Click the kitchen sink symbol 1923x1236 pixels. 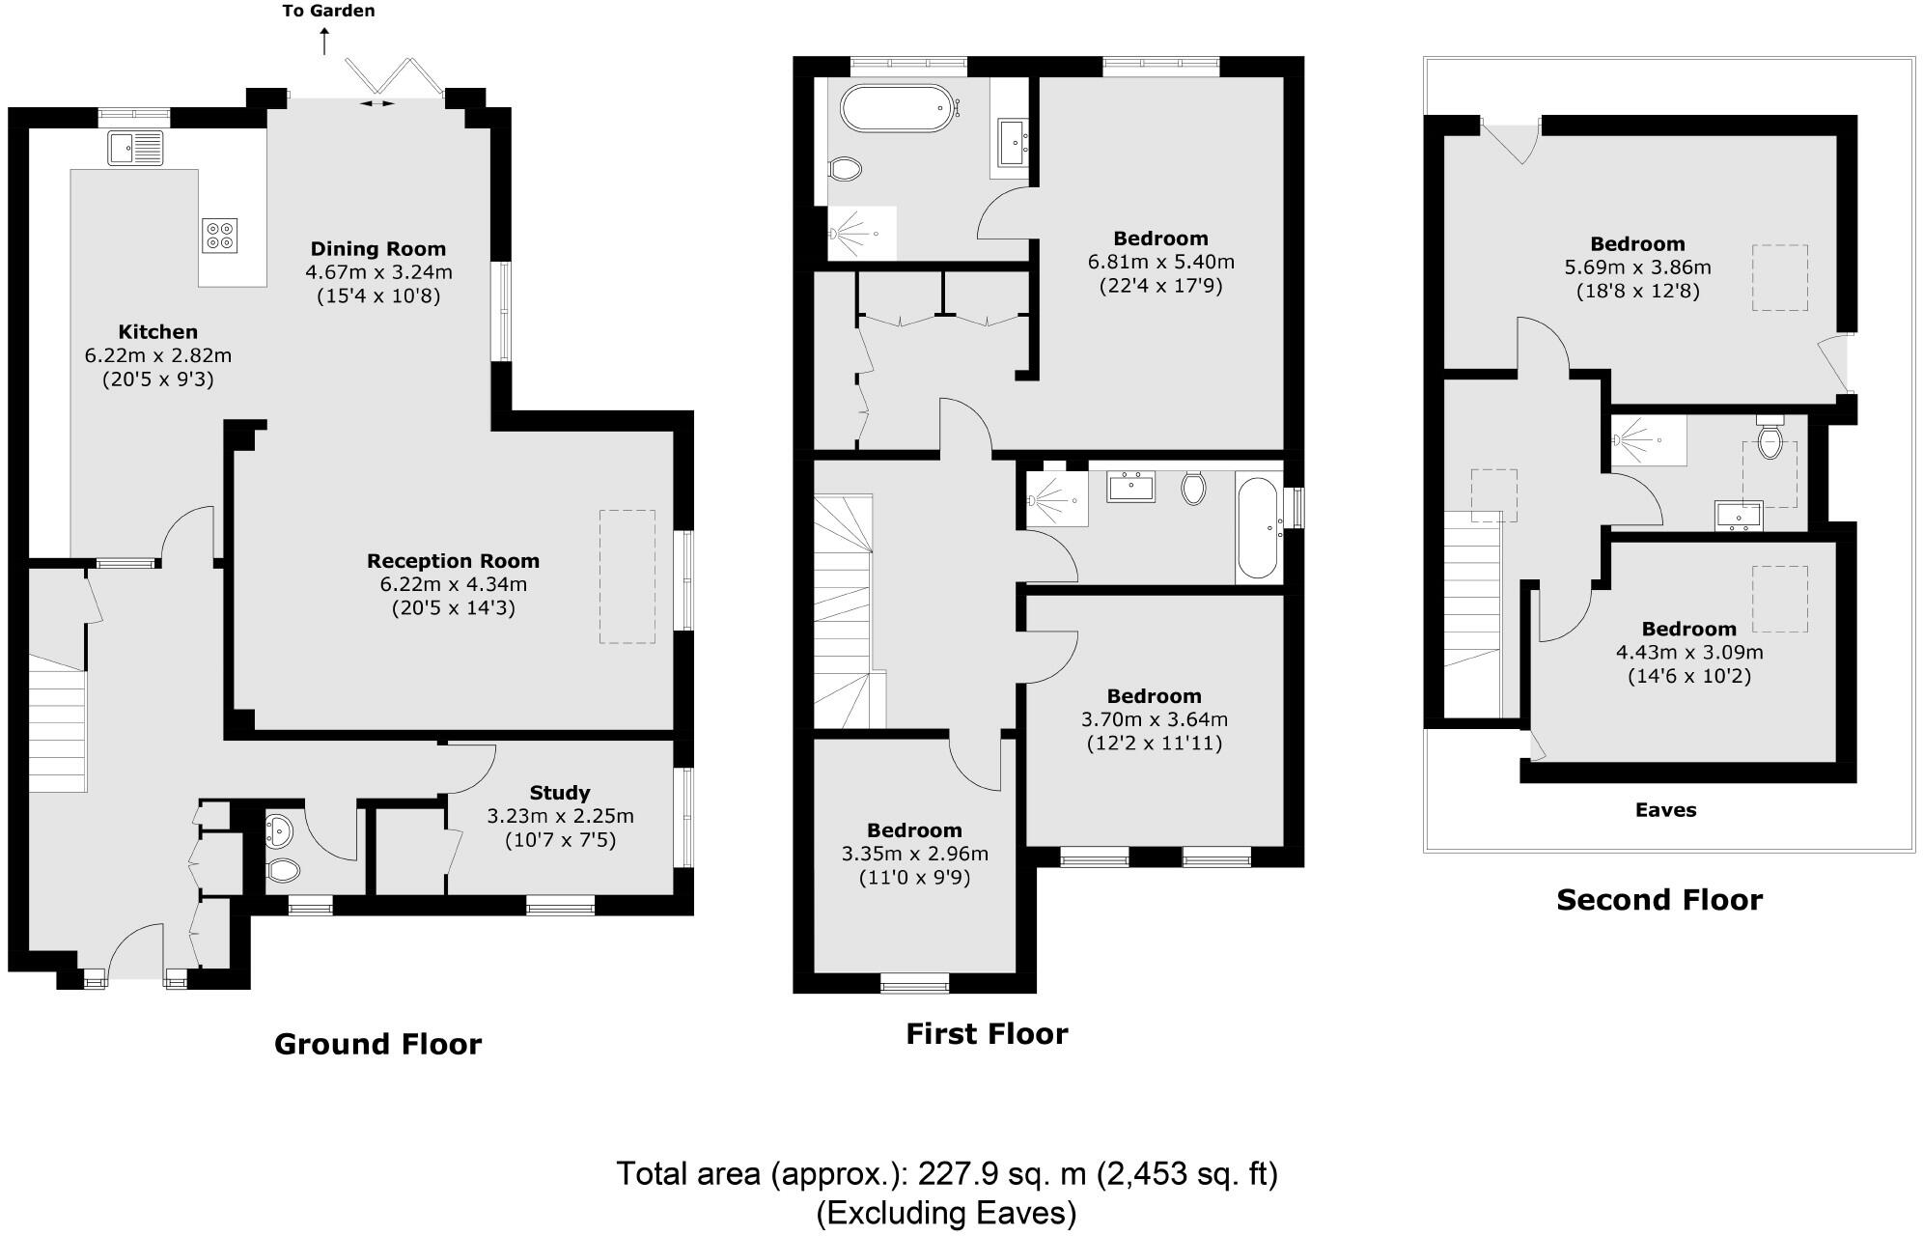[x=136, y=147]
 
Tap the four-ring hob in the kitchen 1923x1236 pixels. [x=220, y=236]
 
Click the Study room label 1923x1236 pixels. [x=560, y=793]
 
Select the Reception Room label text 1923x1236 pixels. [x=453, y=561]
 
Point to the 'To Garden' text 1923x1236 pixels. [x=329, y=12]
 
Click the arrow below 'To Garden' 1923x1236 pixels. [x=324, y=42]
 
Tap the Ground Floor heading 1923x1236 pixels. [x=377, y=1044]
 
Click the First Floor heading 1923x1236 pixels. [x=987, y=1034]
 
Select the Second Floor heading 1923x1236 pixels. [x=1659, y=900]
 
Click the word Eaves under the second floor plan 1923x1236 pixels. [x=1665, y=810]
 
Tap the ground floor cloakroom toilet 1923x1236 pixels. [x=284, y=871]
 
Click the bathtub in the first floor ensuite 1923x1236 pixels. [x=898, y=109]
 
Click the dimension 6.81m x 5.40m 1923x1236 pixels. [x=1160, y=262]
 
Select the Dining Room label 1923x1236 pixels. [x=378, y=249]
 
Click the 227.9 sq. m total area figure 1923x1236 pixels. [x=1001, y=1175]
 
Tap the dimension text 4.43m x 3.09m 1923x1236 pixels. [x=1689, y=652]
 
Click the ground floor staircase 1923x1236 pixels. [x=58, y=722]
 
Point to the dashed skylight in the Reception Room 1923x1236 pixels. [x=627, y=577]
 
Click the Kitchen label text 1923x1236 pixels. [x=158, y=332]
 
